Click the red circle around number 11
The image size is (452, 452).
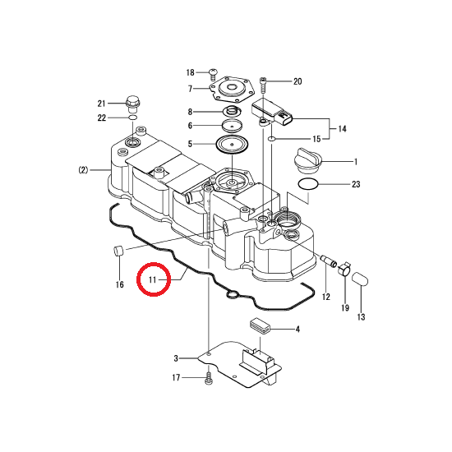(x=154, y=264)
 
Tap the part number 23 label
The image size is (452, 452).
(x=356, y=184)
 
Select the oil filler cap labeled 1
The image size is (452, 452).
(x=307, y=160)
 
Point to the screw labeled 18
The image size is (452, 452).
(x=213, y=74)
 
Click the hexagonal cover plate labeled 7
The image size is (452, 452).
(x=232, y=89)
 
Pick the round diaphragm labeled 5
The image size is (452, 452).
(x=232, y=143)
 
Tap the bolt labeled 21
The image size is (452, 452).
(x=132, y=104)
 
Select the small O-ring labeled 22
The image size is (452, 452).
(x=132, y=118)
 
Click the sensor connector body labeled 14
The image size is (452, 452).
(x=272, y=113)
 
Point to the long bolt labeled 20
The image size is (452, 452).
(x=263, y=85)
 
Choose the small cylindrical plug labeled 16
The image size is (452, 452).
(x=118, y=251)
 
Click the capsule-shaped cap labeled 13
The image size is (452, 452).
(x=360, y=279)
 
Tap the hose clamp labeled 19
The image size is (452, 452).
(x=344, y=269)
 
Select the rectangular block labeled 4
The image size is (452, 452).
(x=259, y=325)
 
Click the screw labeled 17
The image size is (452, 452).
(x=208, y=378)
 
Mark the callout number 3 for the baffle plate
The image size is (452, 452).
(x=176, y=358)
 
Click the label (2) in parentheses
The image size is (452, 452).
(x=83, y=170)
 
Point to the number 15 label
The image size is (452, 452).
(x=316, y=139)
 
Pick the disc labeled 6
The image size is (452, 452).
(x=232, y=125)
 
